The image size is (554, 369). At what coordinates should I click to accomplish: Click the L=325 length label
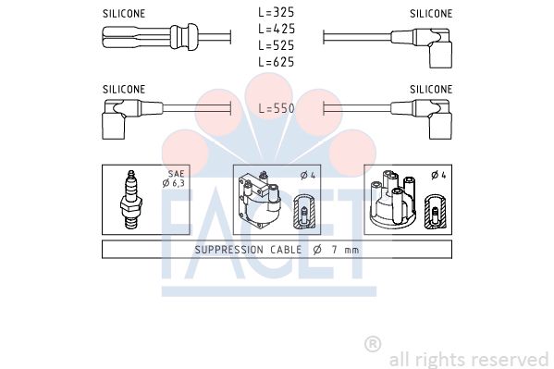pos(277,12)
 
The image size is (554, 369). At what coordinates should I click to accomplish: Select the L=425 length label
pos(277,29)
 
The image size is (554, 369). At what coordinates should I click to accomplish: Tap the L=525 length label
pos(277,45)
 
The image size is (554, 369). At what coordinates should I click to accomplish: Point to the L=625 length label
pos(277,62)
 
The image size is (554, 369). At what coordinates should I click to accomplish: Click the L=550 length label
pos(277,108)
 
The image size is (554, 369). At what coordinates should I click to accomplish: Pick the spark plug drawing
pos(131,200)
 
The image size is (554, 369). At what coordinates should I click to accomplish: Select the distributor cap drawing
pos(392,200)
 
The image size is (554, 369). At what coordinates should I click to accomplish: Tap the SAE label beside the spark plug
pos(176,174)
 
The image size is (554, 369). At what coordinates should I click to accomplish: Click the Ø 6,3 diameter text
pos(174,183)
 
